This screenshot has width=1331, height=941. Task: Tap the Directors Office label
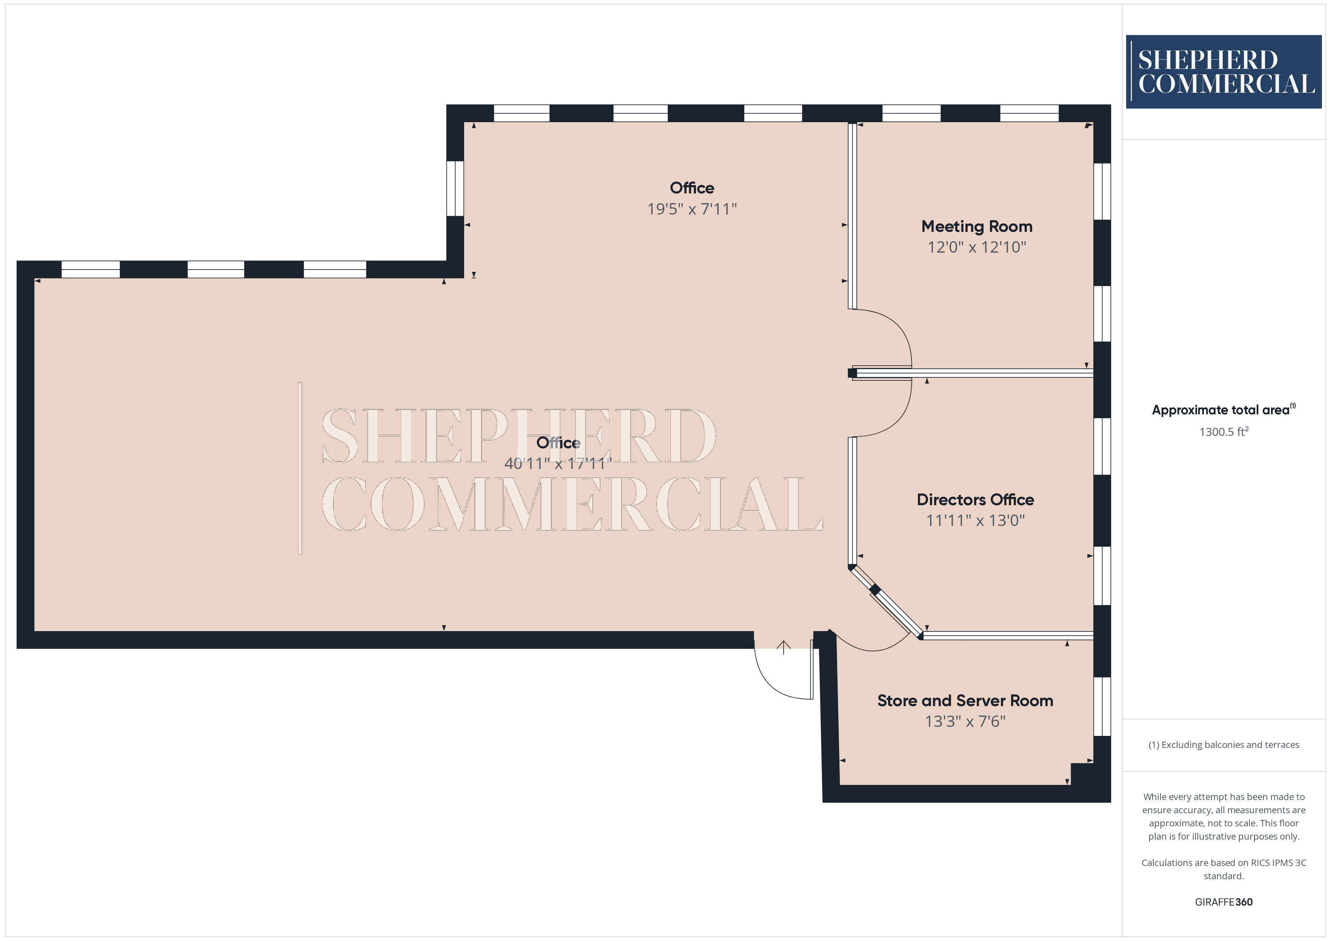tap(975, 500)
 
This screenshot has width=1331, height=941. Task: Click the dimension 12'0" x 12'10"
tap(977, 247)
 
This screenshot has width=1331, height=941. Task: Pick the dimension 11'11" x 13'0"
tap(975, 520)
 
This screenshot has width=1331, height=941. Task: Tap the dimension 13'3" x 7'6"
tap(965, 721)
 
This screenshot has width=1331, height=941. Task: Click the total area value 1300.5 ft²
tap(1224, 432)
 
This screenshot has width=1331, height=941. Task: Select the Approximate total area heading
tap(1223, 410)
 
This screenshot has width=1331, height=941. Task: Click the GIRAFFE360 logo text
tap(1224, 902)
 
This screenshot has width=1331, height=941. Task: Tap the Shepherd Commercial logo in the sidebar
tap(1224, 72)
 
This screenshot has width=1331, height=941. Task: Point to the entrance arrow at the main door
tap(784, 647)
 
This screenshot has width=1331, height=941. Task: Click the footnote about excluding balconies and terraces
tap(1224, 745)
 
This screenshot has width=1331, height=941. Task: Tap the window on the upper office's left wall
tap(455, 189)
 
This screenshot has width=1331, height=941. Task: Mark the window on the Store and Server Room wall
tap(1102, 707)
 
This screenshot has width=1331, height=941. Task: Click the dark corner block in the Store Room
tap(1082, 774)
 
